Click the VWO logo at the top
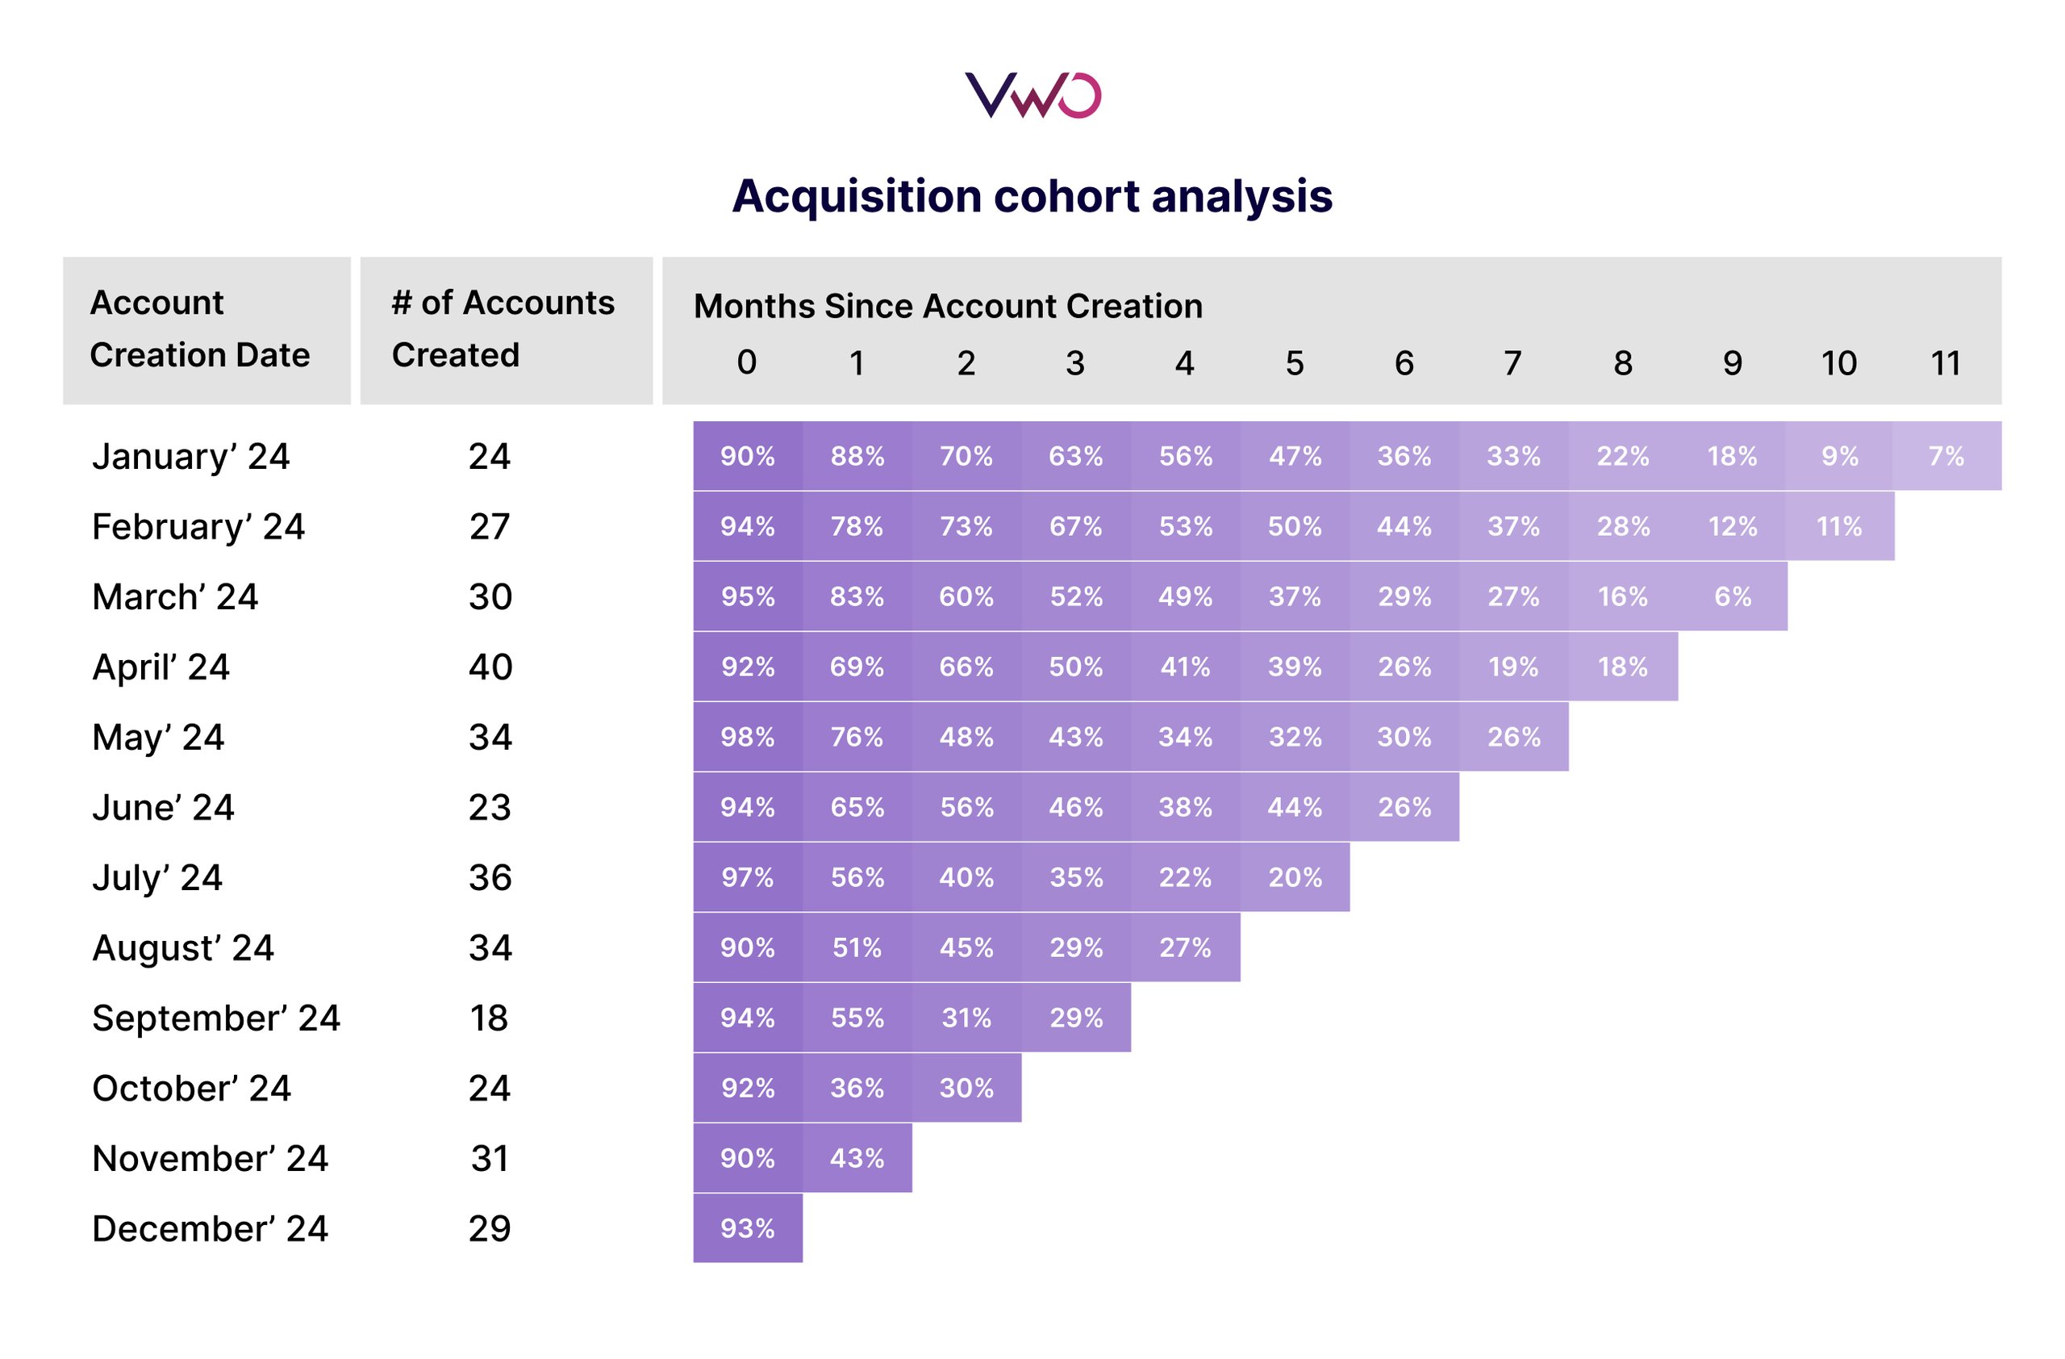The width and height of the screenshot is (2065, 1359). click(1032, 95)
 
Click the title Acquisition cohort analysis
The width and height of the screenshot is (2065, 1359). click(1032, 196)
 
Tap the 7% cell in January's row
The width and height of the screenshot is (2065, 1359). click(1946, 457)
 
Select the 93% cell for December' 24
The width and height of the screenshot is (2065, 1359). click(747, 1229)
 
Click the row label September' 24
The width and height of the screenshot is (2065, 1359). click(216, 1018)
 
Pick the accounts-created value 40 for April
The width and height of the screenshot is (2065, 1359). click(490, 667)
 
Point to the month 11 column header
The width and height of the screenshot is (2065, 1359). click(1946, 362)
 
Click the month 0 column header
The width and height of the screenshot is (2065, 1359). click(746, 362)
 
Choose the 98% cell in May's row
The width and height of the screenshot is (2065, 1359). click(747, 738)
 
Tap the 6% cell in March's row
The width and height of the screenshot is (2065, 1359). click(1732, 597)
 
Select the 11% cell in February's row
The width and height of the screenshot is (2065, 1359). click(1839, 527)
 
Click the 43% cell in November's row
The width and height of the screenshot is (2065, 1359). click(857, 1159)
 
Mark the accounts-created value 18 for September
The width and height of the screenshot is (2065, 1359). click(490, 1018)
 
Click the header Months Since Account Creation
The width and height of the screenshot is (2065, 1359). click(948, 307)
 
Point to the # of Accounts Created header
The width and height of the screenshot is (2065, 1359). click(503, 329)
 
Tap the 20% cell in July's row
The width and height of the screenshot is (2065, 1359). click(1295, 878)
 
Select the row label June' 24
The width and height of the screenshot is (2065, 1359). click(163, 808)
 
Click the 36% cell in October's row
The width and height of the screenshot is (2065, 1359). click(857, 1088)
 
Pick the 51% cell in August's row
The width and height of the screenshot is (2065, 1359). click(857, 948)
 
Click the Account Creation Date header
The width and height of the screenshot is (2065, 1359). click(199, 329)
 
